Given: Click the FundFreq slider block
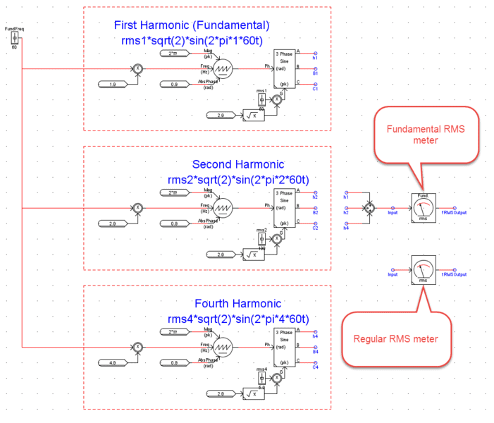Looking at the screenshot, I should [x=14, y=37].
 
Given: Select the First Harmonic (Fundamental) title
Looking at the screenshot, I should [x=192, y=25].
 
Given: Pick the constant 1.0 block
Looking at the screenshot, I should [x=113, y=84].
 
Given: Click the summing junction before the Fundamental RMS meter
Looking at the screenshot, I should [x=368, y=208].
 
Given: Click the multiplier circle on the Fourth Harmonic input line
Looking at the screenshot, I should [x=139, y=347].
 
